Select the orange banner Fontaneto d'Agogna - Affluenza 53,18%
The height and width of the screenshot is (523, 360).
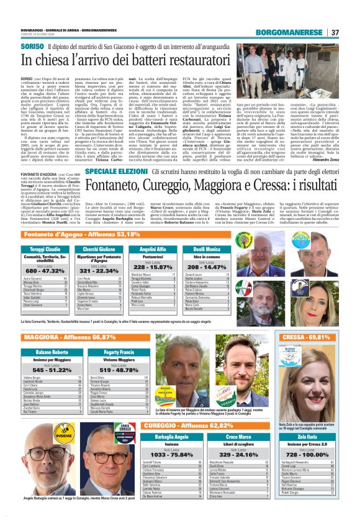coord(81,234)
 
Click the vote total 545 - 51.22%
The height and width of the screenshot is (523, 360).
coord(50,370)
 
